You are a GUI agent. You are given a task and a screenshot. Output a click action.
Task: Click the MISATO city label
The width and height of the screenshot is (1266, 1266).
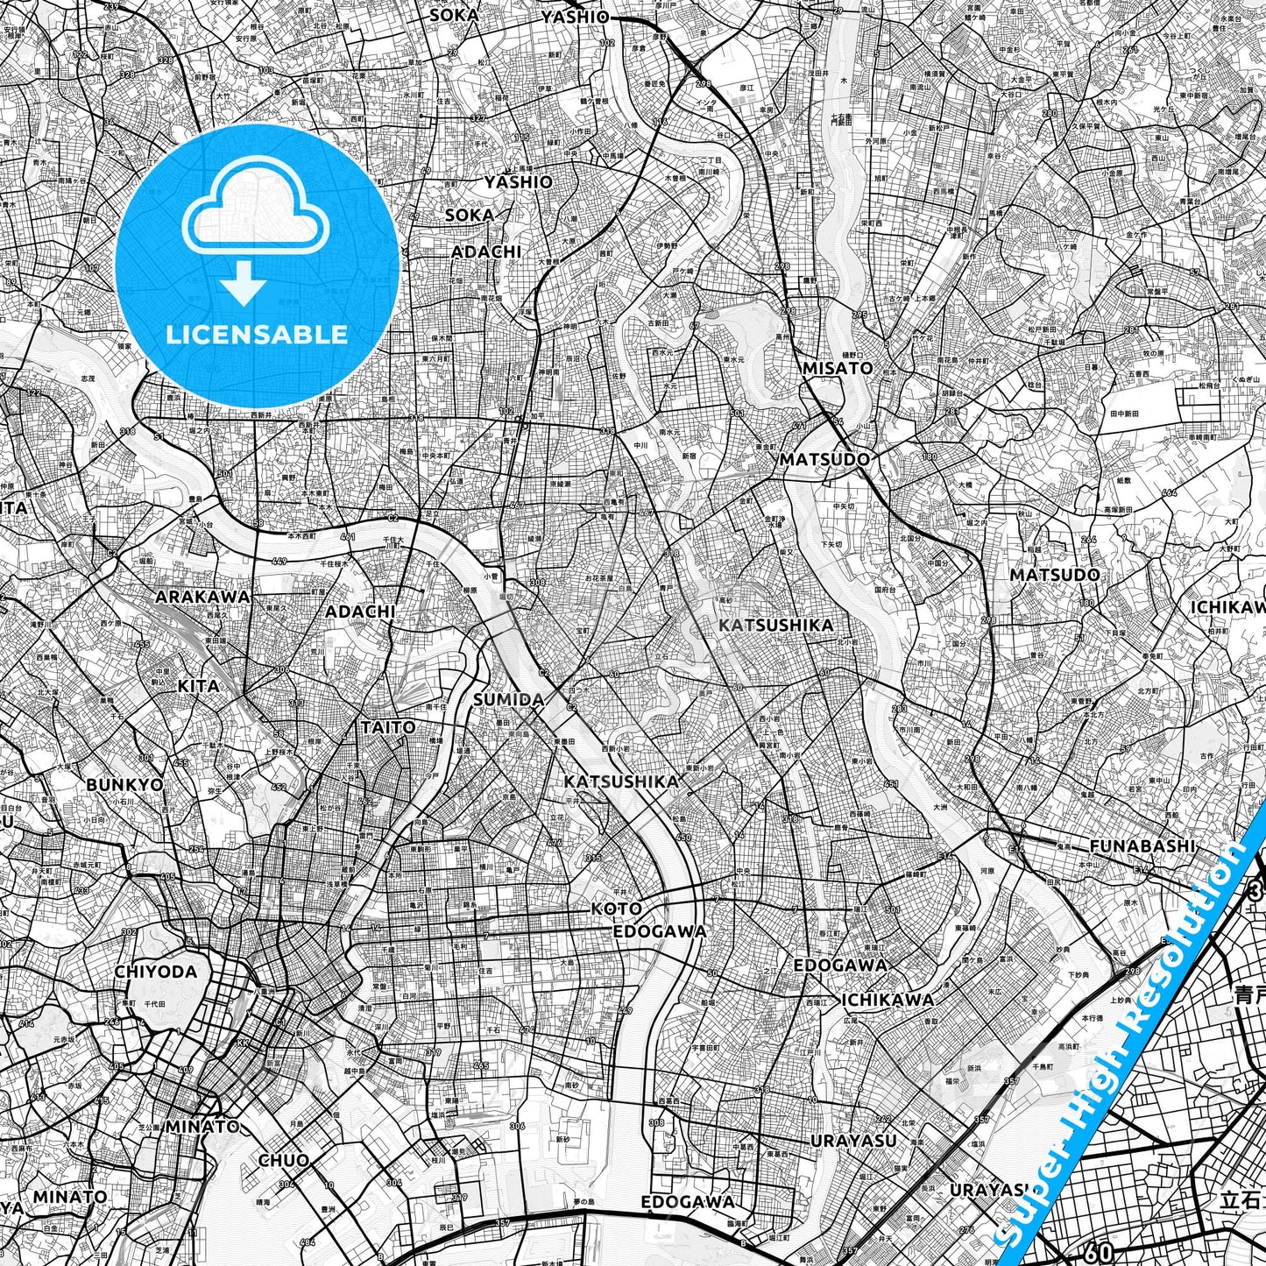coord(838,369)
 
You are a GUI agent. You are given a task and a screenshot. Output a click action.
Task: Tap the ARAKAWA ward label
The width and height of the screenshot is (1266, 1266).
coord(202,597)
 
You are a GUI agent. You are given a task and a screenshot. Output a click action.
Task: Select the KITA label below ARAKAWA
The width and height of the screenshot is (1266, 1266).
coord(198,685)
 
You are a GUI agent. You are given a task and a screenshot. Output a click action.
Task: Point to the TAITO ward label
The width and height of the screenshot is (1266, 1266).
coord(388,727)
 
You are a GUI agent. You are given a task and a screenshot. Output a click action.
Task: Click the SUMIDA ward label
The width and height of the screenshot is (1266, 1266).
coord(508,699)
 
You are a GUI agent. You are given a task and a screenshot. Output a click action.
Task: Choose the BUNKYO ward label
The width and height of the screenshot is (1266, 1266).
coord(124,785)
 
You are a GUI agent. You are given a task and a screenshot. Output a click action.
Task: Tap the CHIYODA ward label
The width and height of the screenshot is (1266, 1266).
coord(155,972)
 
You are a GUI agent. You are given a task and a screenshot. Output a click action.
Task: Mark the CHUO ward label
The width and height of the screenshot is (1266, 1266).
coord(283,1160)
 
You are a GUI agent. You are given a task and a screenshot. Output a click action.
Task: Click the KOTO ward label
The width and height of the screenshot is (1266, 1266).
coord(616,909)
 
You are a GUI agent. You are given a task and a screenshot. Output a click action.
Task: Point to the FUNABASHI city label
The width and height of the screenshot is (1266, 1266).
coord(1142,846)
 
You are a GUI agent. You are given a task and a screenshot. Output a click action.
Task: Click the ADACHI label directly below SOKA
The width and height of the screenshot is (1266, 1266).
coord(486,252)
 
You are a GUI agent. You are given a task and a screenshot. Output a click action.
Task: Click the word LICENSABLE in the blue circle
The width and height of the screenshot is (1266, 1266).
coord(258,334)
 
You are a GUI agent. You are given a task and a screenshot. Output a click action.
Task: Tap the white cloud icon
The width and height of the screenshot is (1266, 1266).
coord(258,212)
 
